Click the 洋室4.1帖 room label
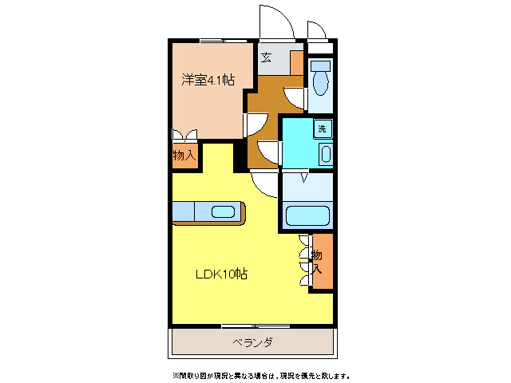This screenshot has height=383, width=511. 208,79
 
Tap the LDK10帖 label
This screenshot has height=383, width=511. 222,274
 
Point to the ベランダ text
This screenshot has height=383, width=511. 253,342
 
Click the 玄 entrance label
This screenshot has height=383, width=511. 266,57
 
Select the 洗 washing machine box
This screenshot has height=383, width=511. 323,128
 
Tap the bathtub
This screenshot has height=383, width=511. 307,215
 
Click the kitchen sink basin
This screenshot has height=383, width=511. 223,211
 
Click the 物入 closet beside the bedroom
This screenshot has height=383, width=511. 184,155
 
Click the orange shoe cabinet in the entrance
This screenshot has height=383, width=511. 296,62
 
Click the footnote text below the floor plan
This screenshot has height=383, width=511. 260,374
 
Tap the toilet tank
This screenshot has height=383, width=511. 320,65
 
